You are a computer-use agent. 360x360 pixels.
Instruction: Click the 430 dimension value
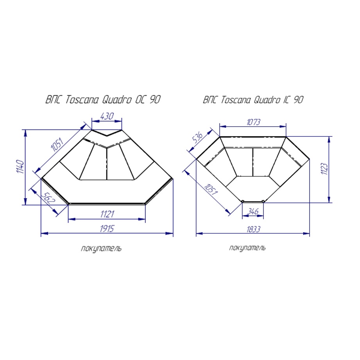107,116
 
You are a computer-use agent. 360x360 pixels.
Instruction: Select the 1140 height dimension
20,167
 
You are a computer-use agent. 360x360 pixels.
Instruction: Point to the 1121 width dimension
107,214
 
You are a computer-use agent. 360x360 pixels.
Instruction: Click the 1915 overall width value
107,229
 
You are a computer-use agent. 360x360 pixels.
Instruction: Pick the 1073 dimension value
253,122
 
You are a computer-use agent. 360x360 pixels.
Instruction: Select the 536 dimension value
197,138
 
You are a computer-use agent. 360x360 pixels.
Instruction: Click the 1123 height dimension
324,169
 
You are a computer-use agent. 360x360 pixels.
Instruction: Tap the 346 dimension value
253,211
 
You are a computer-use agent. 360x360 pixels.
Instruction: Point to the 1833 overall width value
253,229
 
